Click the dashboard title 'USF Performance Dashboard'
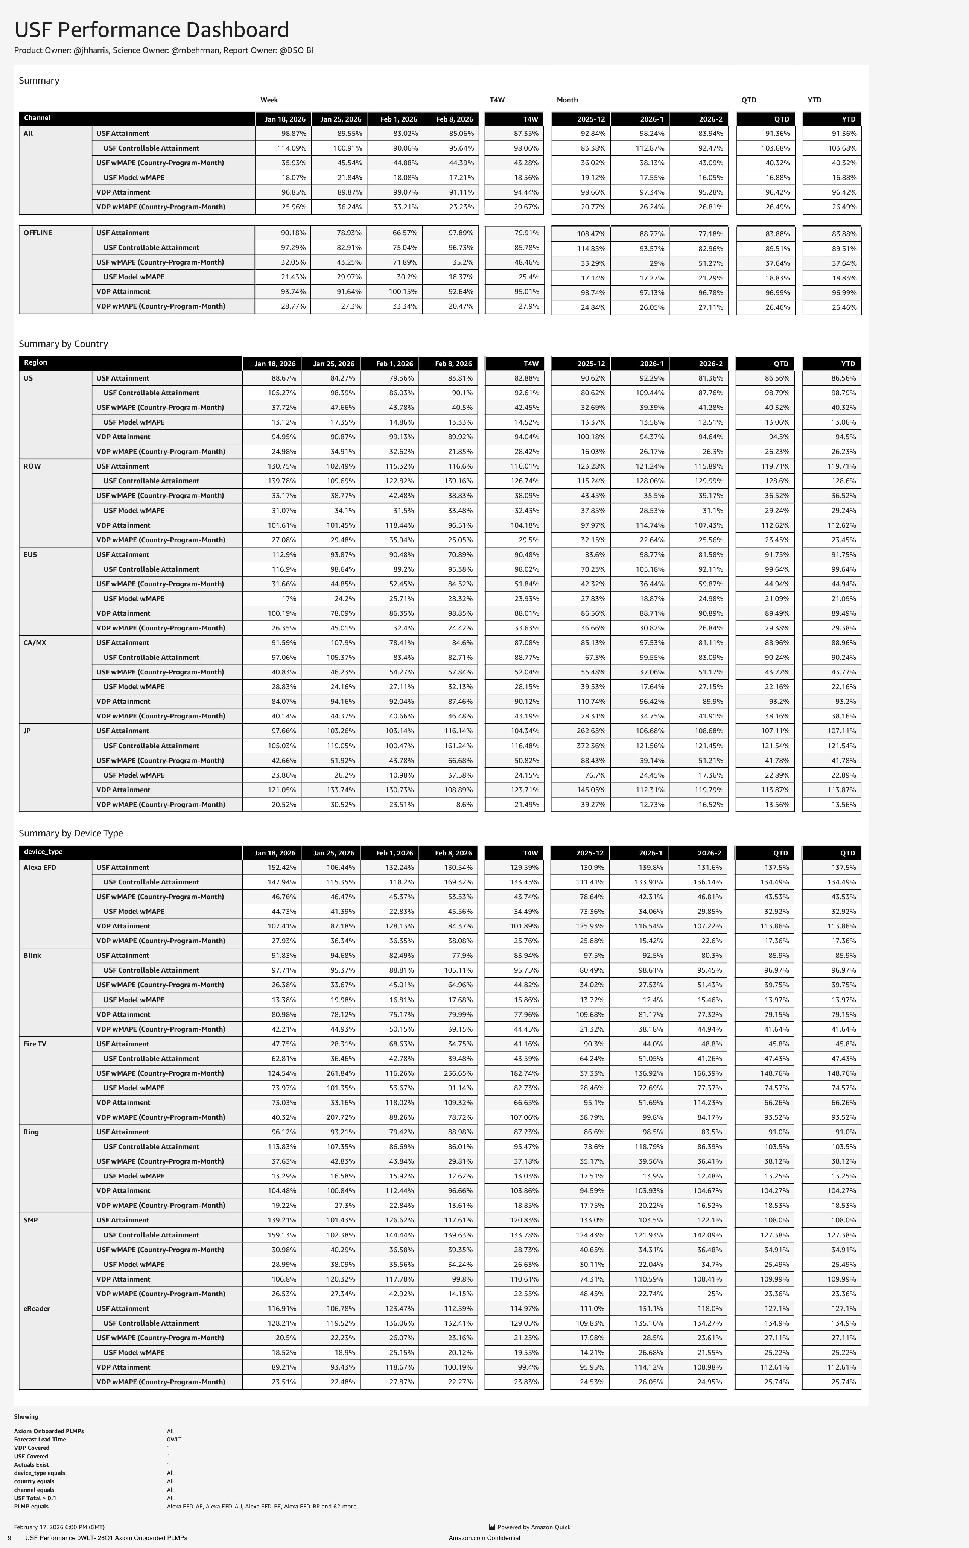[x=151, y=30]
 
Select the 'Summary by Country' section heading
[x=63, y=344]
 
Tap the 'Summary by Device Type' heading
[x=70, y=833]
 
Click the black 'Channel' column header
[x=37, y=118]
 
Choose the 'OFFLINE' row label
[x=38, y=233]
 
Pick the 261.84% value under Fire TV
[x=338, y=1073]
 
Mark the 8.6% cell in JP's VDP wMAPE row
[x=464, y=804]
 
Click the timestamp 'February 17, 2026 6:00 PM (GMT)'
[x=59, y=1527]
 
